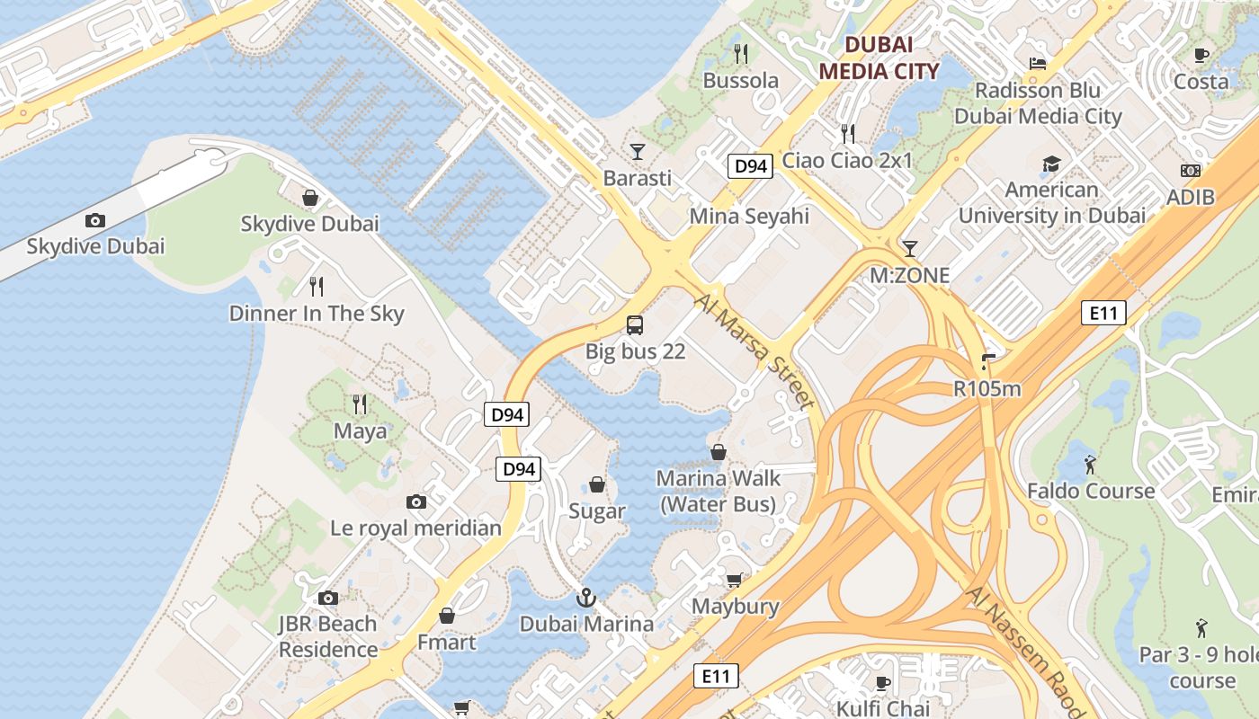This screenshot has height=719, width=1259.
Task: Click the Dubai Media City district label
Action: pos(879,58)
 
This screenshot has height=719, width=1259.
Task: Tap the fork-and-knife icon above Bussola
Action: pos(741,54)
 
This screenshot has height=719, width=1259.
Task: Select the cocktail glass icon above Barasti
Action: pos(638,151)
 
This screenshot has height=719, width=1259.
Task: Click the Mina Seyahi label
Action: pos(749,216)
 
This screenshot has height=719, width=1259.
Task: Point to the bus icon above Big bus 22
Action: pos(635,324)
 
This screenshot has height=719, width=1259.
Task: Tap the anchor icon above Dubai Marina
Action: pos(586,597)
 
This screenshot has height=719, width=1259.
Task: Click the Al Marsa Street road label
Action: pos(755,347)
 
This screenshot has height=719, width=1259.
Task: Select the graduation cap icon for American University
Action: pos(1051,164)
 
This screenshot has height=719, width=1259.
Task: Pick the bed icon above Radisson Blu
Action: pos(1038,64)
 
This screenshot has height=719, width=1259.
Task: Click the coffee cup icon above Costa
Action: pos(1201,55)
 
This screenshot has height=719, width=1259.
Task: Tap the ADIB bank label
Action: pos(1190,197)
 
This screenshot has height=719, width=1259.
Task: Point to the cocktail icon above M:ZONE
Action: pos(910,248)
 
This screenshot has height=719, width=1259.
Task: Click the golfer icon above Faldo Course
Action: pos(1091,465)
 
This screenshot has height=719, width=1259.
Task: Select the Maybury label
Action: pos(735,606)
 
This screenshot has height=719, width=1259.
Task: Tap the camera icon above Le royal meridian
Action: pos(415,502)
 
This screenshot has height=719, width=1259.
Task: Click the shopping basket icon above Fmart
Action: pos(447,616)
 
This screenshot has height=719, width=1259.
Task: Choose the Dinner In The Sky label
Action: pos(317,314)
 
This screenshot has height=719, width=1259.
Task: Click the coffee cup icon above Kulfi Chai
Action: pos(883,682)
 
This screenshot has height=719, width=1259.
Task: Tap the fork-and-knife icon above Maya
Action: pos(360,404)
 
